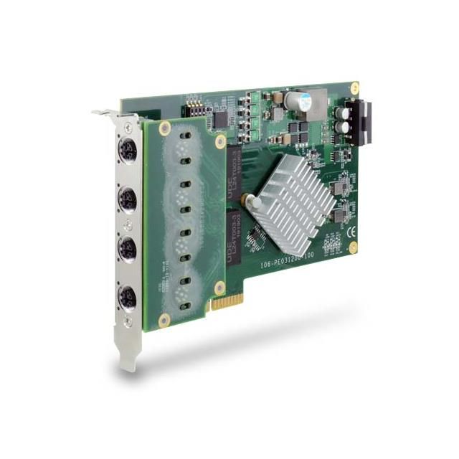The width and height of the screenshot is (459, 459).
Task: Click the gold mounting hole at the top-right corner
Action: [354, 87]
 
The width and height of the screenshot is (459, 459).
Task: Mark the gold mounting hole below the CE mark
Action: [352, 247]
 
